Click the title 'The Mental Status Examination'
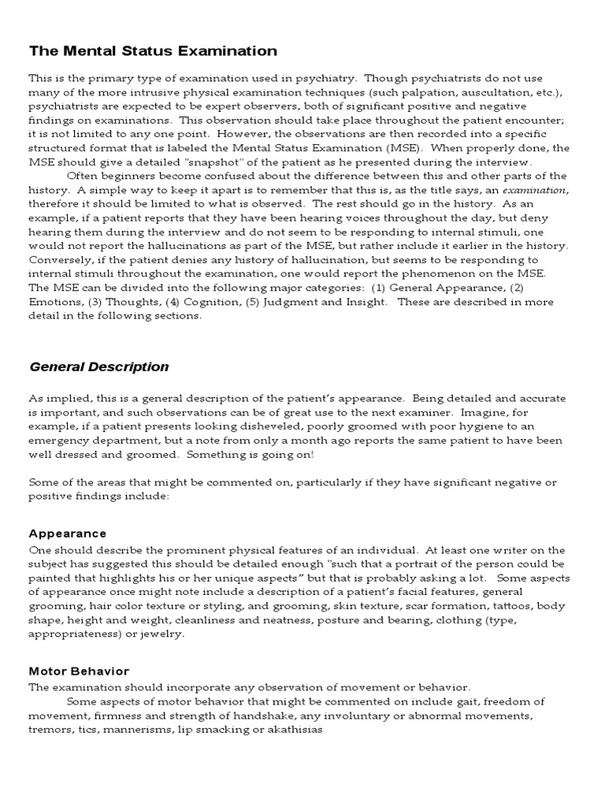(153, 51)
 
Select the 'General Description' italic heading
(98, 366)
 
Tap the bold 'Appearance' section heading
(68, 534)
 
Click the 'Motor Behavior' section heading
(79, 671)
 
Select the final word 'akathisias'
(294, 730)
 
